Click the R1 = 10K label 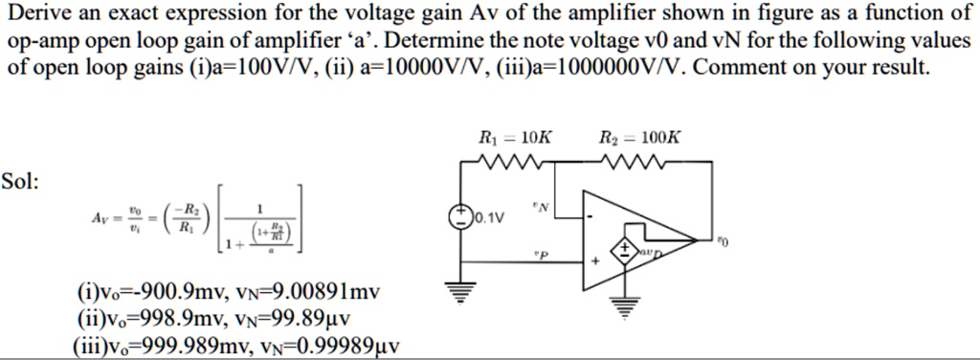click(x=514, y=138)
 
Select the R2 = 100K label click(x=639, y=138)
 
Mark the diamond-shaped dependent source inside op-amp click(x=628, y=250)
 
